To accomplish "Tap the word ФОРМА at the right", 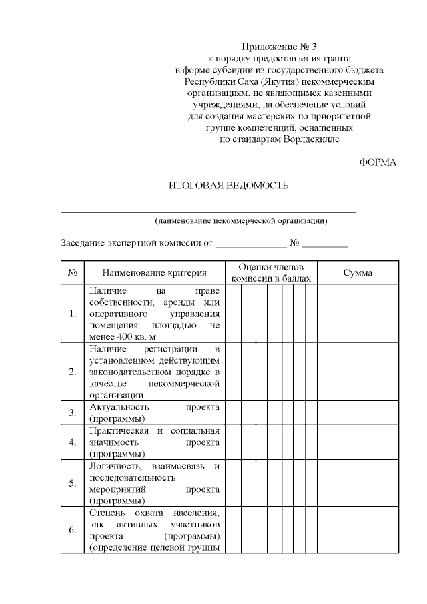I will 378,162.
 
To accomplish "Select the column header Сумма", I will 358,273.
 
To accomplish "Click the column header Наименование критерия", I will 154,273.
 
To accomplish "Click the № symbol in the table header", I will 73,273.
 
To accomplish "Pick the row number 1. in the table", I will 73,314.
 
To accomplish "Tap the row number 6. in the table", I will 73,531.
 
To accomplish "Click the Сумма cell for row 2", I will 358,372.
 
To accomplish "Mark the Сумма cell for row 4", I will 358,442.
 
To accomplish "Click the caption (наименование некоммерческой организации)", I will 241,220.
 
